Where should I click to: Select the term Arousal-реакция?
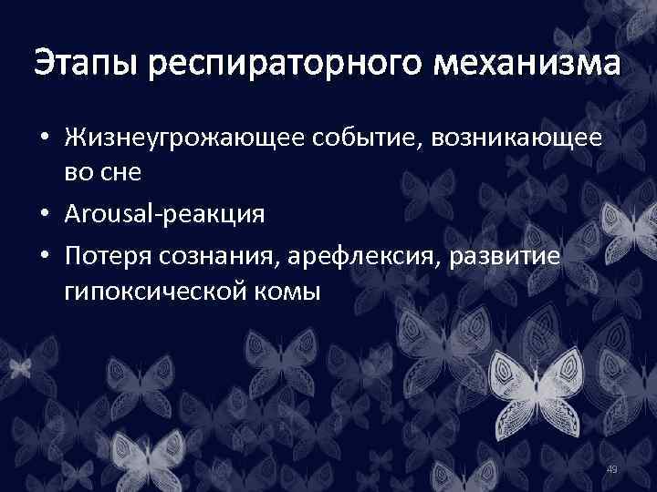click(x=165, y=215)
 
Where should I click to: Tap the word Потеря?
click(x=106, y=257)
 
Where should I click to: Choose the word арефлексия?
click(x=360, y=257)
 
